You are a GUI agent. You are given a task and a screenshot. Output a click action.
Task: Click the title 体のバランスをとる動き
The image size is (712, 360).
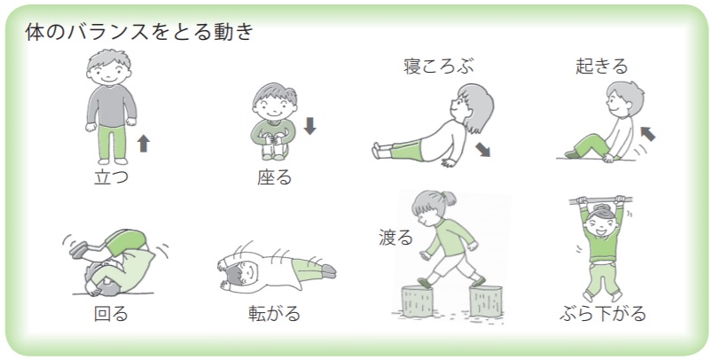click(x=139, y=32)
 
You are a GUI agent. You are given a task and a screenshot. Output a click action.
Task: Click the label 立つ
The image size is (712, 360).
click(x=111, y=176)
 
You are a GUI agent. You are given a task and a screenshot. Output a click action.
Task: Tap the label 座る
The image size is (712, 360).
click(x=274, y=177)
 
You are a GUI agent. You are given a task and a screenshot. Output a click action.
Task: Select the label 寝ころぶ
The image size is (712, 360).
click(x=439, y=67)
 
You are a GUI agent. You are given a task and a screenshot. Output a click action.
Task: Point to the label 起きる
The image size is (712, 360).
click(x=602, y=67)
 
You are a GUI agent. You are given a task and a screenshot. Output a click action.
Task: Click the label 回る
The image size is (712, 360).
click(x=111, y=313)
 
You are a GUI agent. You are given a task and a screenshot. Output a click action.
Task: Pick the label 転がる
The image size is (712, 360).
click(x=274, y=313)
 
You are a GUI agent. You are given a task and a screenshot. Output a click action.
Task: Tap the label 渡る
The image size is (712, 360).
click(x=396, y=238)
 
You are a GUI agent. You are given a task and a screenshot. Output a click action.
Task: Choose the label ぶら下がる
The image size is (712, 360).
click(x=603, y=313)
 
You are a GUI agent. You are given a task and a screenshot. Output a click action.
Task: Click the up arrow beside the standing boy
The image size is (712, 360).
click(x=144, y=144)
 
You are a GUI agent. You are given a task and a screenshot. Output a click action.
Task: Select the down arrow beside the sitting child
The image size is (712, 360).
click(x=309, y=126)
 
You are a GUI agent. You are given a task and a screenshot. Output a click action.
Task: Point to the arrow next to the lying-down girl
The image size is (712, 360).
click(x=482, y=149)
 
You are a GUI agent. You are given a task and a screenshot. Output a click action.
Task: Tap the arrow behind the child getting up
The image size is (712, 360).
click(x=647, y=134)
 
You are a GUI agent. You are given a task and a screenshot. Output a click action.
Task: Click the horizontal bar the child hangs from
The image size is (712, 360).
click(x=601, y=200)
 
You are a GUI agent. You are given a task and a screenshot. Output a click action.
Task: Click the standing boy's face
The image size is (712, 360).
click(x=109, y=73)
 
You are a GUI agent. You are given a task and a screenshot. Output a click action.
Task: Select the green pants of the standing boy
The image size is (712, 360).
click(x=112, y=142)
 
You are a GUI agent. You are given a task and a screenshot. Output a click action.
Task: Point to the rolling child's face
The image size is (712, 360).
click(x=247, y=272)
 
